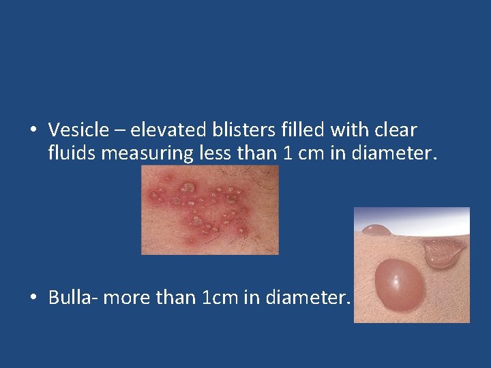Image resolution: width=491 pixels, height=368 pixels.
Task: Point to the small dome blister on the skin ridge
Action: pyautogui.click(x=375, y=230)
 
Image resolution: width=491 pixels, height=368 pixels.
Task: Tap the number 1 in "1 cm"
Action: pyautogui.click(x=288, y=153)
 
